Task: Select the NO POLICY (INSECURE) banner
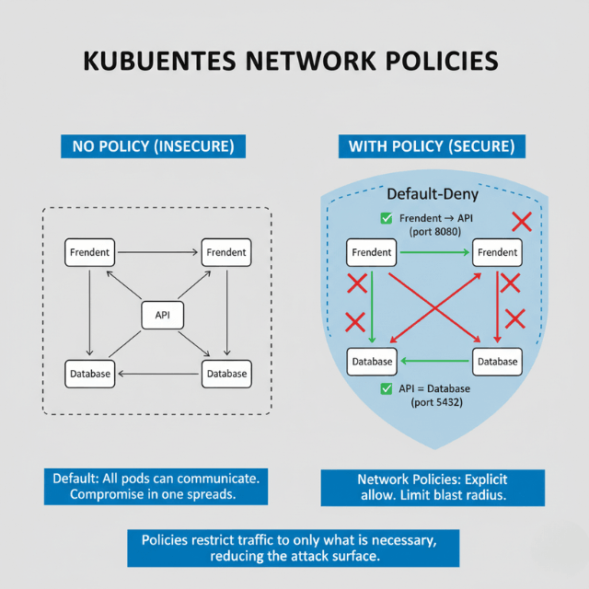(146, 145)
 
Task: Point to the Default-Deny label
(432, 194)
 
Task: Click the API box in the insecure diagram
(163, 315)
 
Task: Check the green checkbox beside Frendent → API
(387, 218)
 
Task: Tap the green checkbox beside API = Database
(387, 389)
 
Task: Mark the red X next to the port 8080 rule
(522, 221)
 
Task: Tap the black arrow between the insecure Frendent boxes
(157, 251)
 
